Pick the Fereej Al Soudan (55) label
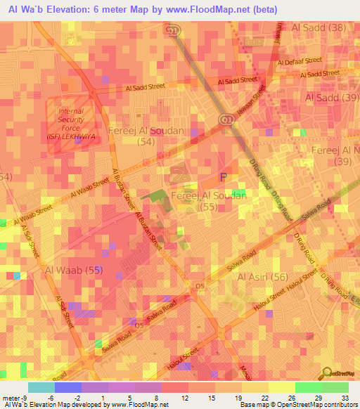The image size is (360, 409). (x=209, y=200)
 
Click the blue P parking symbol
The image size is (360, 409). (x=224, y=178)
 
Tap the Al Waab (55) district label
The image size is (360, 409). (x=74, y=270)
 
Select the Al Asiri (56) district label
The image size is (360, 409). (x=263, y=278)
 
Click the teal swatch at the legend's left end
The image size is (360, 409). (x=41, y=387)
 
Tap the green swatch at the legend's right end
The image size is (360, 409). (x=335, y=387)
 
